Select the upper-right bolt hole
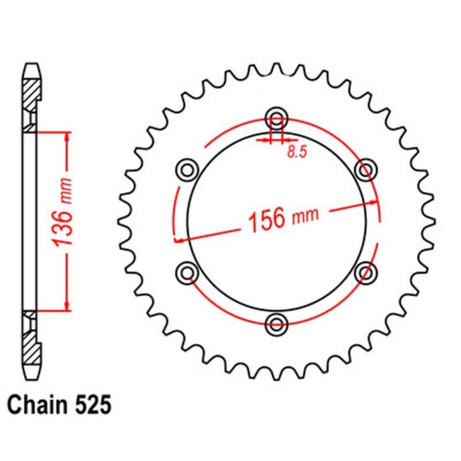[366, 169]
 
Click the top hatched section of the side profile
[30, 93]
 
